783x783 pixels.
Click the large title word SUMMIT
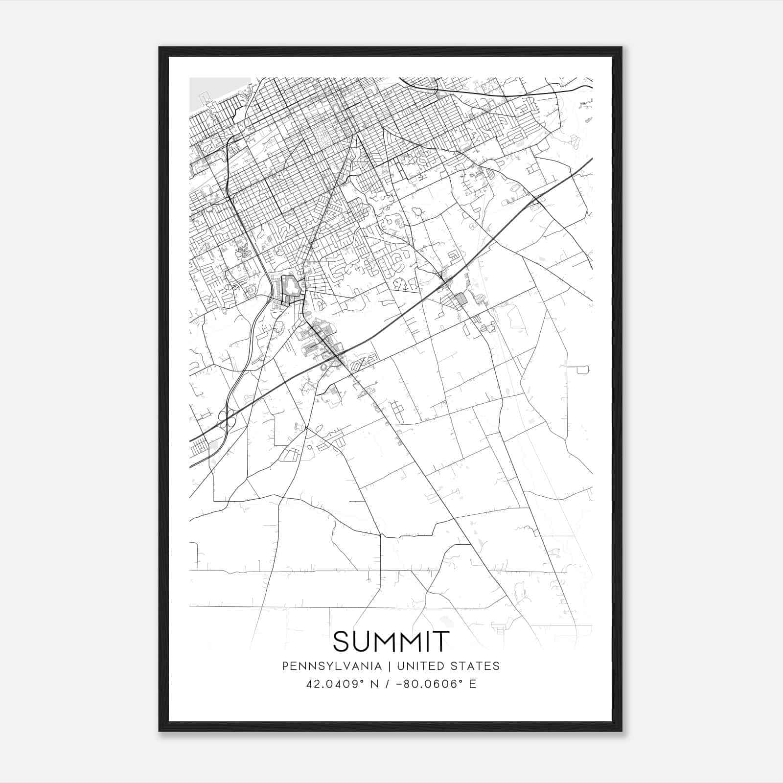tap(391, 642)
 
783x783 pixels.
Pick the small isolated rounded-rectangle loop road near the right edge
tap(582, 369)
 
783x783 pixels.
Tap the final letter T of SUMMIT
tap(442, 642)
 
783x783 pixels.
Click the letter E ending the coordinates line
tap(473, 684)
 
